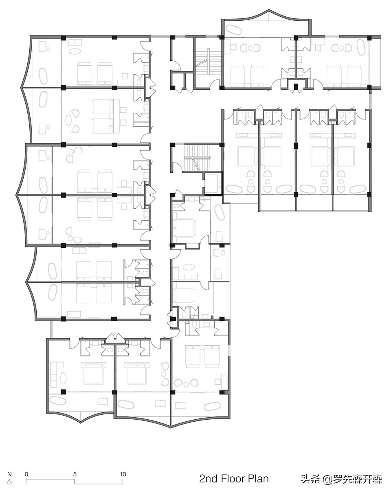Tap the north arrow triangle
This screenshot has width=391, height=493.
point(9,481)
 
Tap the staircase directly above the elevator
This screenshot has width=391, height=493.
point(197,157)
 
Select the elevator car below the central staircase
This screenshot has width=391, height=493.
point(212,183)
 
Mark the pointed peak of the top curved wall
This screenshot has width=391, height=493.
point(269,10)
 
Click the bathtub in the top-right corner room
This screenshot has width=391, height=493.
point(360,47)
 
